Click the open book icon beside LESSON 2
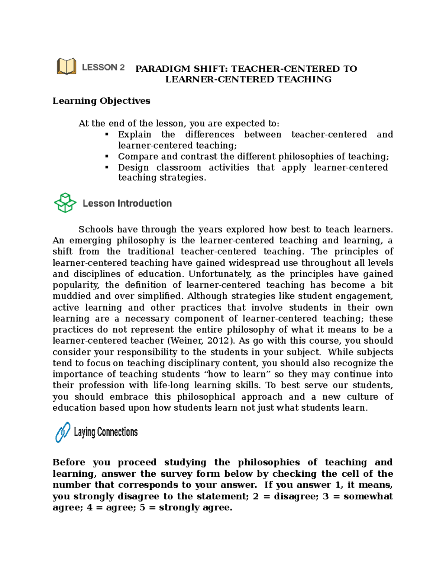click(x=67, y=67)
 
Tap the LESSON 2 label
click(x=103, y=67)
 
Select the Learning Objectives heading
click(x=101, y=101)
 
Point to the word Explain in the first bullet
click(x=135, y=134)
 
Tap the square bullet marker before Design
click(x=107, y=167)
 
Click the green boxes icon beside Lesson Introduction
click(x=65, y=203)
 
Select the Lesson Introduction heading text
click(x=127, y=203)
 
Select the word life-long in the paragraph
click(x=171, y=385)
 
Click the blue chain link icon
click(x=63, y=432)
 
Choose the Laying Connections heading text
click(x=106, y=432)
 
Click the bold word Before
click(x=69, y=463)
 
